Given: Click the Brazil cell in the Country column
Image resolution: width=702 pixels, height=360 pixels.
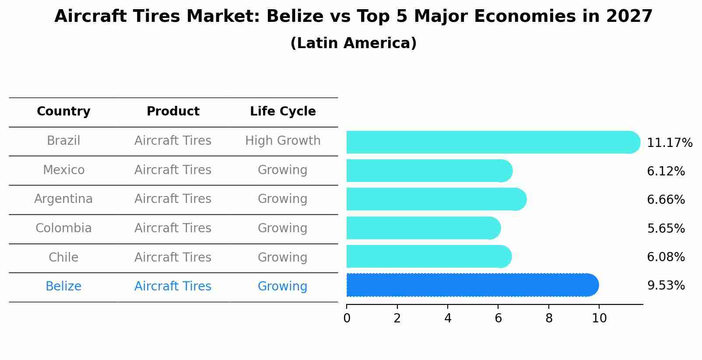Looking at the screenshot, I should click(63, 141).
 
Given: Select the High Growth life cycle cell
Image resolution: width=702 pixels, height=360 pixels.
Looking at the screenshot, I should click(283, 141).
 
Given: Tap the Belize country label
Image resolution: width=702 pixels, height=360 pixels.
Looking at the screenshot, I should click(63, 287).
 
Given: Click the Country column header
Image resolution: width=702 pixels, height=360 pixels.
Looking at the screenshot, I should click(63, 112).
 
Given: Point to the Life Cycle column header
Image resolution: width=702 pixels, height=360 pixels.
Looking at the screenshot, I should click(283, 112).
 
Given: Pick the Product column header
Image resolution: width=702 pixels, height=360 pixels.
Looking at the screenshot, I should click(173, 112).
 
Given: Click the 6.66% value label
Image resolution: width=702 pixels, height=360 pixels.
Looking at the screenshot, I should click(666, 200).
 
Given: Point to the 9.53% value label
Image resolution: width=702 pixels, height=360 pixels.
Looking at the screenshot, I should click(666, 286).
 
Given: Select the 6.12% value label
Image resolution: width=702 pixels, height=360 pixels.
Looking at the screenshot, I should click(666, 171).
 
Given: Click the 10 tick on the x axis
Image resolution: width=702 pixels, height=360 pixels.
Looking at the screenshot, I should click(599, 318).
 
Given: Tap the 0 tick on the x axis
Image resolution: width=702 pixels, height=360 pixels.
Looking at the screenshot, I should click(347, 318).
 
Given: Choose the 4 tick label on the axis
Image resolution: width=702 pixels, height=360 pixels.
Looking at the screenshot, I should click(448, 318).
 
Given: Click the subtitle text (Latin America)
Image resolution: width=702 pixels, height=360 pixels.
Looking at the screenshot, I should click(353, 43).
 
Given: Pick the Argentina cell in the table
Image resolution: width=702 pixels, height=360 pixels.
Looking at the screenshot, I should click(63, 199).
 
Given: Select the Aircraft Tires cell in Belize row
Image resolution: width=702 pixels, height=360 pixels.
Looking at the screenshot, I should click(173, 287).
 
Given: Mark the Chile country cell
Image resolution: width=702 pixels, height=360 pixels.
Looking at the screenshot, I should click(63, 257).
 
